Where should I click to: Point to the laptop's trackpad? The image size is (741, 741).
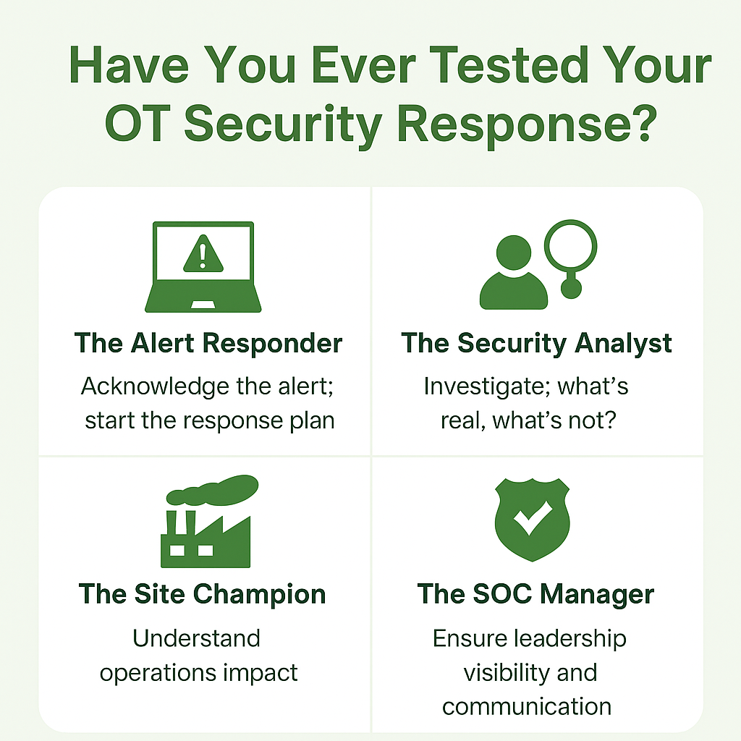(x=203, y=305)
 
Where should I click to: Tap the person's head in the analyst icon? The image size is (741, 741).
(x=514, y=253)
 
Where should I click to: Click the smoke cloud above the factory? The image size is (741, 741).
(x=212, y=490)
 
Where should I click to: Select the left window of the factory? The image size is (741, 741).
(x=177, y=550)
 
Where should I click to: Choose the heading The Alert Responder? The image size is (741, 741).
(x=208, y=343)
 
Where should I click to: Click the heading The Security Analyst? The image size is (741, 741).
(x=536, y=344)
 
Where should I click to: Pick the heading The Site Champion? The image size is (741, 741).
(x=203, y=595)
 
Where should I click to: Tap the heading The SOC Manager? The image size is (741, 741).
(x=535, y=594)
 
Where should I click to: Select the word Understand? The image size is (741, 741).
(x=196, y=638)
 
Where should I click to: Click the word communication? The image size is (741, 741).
(x=527, y=707)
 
